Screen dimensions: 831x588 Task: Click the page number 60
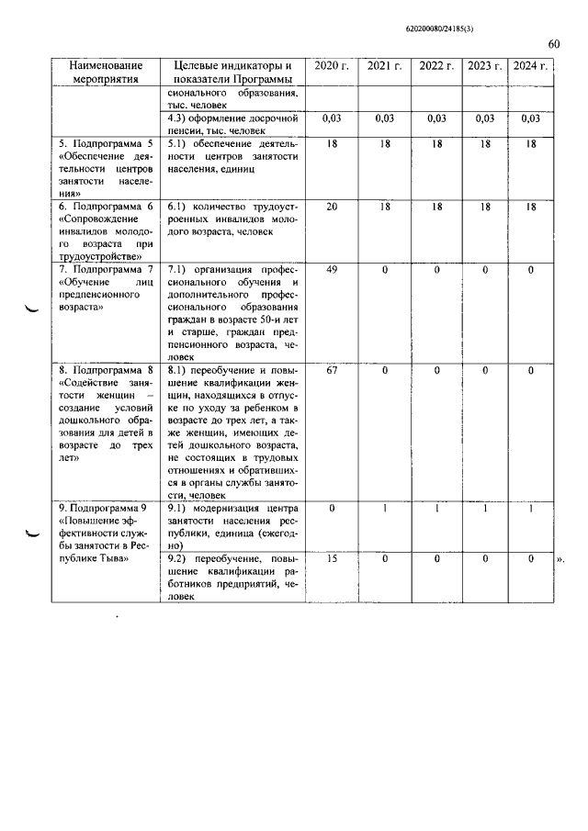[553, 44]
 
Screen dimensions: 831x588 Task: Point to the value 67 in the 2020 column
[332, 370]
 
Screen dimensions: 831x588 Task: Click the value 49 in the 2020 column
[332, 269]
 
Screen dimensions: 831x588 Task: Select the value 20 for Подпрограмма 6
[332, 208]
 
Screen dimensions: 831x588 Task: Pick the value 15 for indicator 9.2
[332, 557]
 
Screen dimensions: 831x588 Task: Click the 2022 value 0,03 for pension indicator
[436, 118]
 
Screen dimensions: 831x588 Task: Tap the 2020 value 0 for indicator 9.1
[332, 508]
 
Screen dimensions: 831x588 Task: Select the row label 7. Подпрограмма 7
[101, 269]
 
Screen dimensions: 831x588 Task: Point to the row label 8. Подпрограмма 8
[101, 370]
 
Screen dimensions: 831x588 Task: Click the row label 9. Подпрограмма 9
[101, 508]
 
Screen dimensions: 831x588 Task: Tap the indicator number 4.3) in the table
[178, 118]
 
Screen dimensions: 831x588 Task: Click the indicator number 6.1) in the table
[178, 208]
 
